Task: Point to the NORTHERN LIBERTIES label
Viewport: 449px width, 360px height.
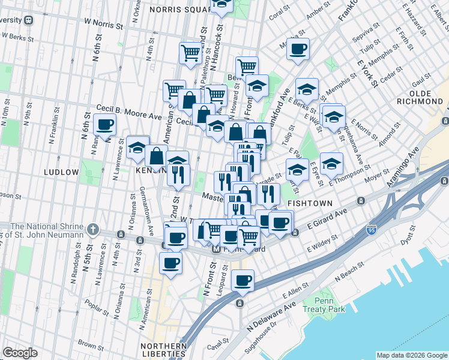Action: click(x=163, y=350)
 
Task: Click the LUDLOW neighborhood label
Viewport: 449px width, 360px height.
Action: click(x=61, y=172)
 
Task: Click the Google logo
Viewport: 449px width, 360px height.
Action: click(x=20, y=353)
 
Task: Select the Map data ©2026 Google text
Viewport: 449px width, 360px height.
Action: click(x=411, y=355)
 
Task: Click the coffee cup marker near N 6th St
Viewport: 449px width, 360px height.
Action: click(x=105, y=125)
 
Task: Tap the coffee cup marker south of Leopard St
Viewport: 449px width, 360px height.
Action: click(x=243, y=280)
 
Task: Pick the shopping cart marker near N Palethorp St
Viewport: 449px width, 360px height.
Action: click(x=191, y=53)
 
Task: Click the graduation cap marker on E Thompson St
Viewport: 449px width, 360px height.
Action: click(x=331, y=163)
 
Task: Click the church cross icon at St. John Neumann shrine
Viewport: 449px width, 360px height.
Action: click(x=92, y=229)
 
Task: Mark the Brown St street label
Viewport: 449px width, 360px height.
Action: click(x=90, y=344)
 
